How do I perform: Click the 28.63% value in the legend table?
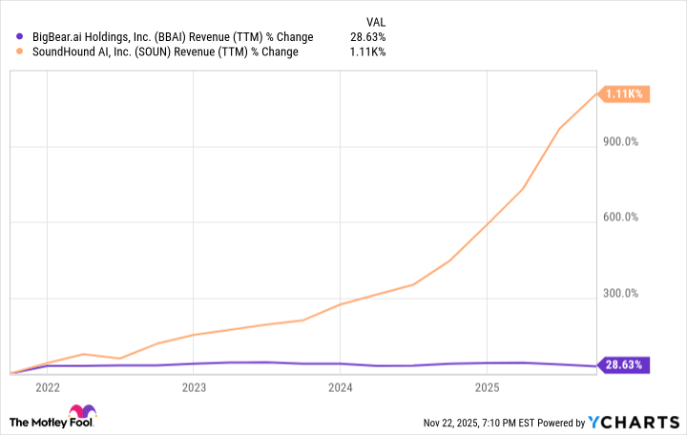point(367,37)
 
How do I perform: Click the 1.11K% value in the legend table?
point(368,52)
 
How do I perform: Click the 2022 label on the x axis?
point(47,387)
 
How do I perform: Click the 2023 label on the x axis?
point(194,387)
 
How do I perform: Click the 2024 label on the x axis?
point(341,387)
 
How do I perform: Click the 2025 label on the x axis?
point(488,387)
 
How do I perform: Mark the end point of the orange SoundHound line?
point(596,93)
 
